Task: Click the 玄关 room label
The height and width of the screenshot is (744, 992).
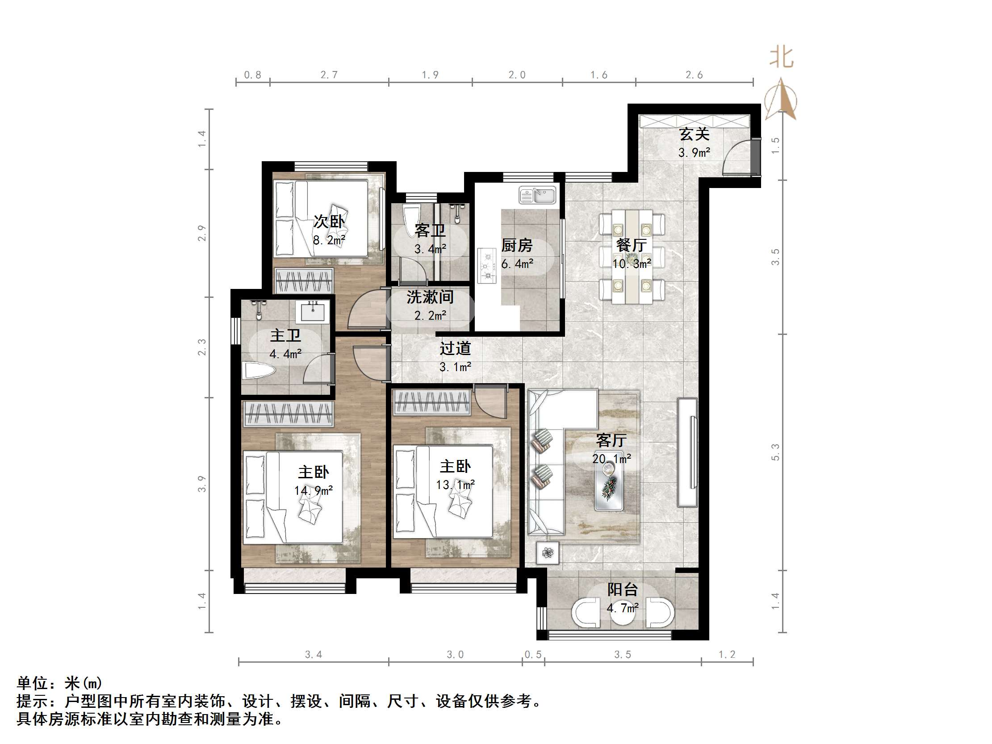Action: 694,134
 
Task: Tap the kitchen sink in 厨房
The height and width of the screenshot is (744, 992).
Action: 537,195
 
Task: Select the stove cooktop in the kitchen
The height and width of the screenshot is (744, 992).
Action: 486,265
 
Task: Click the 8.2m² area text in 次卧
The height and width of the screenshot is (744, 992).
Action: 329,240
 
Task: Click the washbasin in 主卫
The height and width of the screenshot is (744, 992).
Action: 312,311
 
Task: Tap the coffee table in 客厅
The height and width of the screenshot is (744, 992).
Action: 609,486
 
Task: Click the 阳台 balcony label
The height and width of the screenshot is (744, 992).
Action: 622,590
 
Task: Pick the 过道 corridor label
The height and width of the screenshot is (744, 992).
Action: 455,348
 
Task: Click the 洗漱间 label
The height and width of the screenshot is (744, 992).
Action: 430,297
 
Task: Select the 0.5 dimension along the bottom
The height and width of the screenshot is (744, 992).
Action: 533,655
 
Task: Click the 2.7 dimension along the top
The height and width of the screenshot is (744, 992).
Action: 329,75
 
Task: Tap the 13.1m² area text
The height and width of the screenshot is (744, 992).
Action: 455,485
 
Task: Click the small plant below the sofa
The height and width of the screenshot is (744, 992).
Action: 548,553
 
